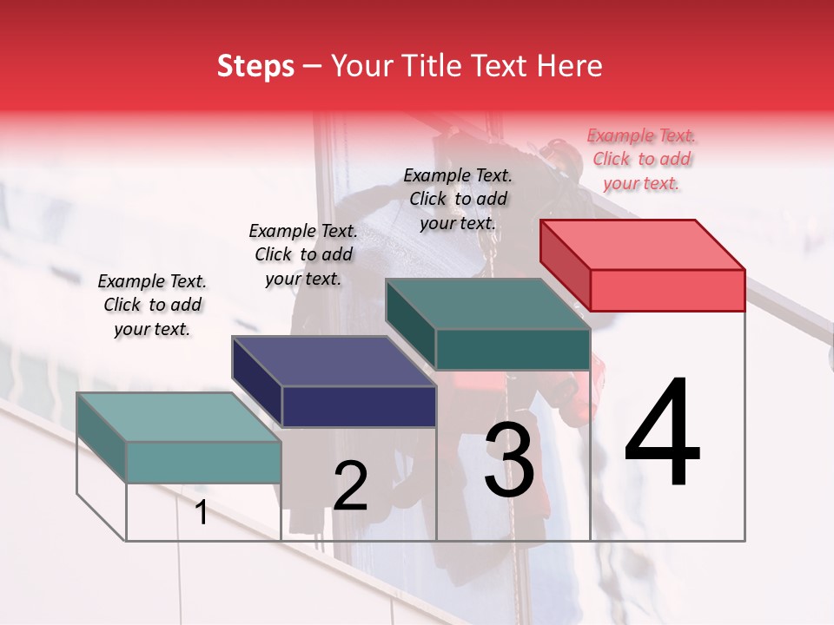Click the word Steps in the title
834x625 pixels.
pos(255,66)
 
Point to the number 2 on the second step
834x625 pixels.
pos(350,486)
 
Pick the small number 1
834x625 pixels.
pos(201,513)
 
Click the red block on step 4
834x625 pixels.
pos(667,289)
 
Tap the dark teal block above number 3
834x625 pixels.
pos(512,349)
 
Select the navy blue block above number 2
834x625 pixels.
pos(358,405)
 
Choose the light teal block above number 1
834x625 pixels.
pos(203,461)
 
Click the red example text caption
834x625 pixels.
pos(641,159)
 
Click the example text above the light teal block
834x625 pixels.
pos(152,305)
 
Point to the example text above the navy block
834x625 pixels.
pos(303,254)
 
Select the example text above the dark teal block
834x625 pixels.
pos(458,199)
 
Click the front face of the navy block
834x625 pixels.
pos(359,406)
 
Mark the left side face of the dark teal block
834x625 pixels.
pos(410,325)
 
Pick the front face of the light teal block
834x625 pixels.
pos(203,462)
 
